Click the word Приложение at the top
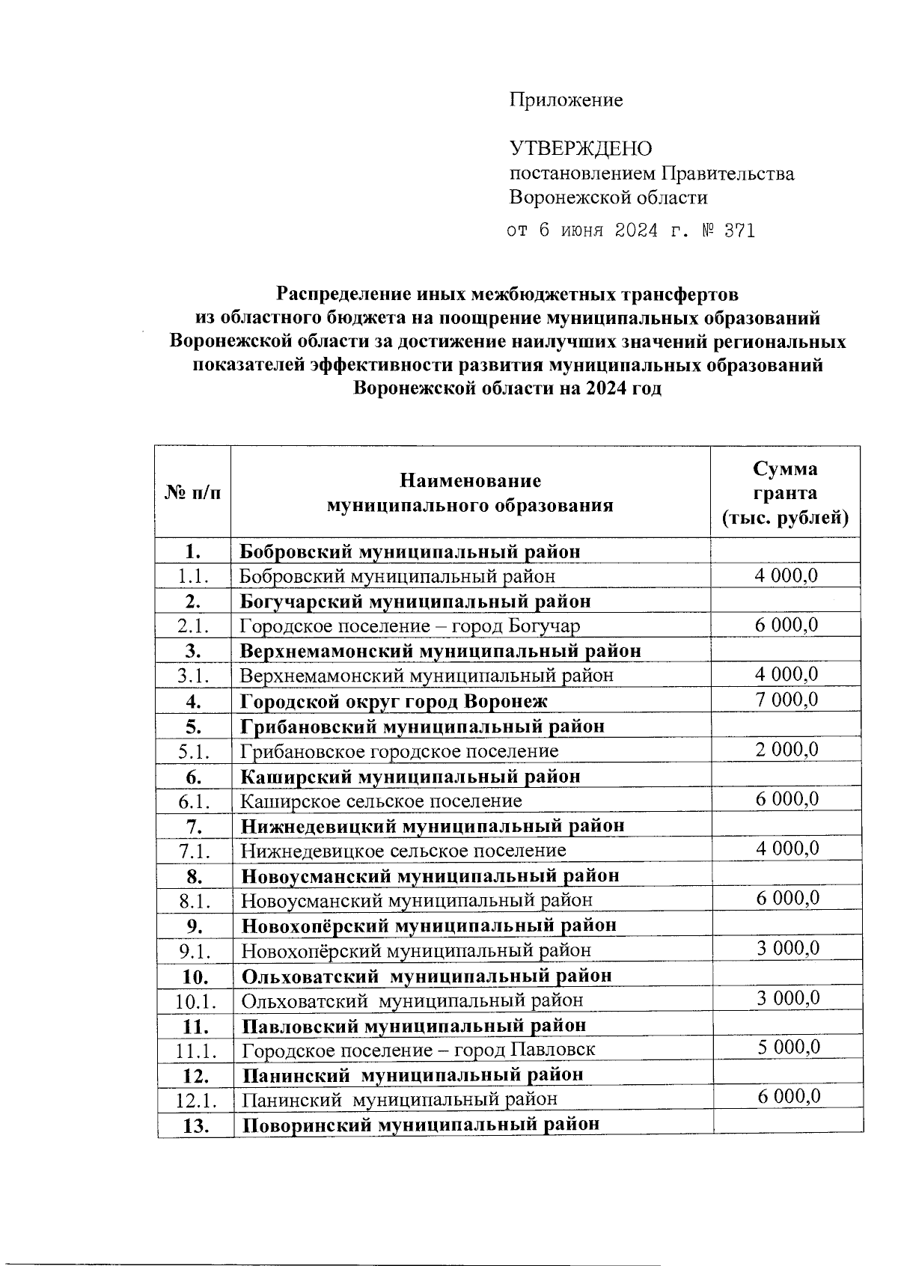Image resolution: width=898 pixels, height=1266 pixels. click(x=566, y=100)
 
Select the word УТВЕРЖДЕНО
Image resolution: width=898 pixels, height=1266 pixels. click(x=581, y=149)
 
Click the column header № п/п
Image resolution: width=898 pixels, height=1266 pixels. click(x=193, y=492)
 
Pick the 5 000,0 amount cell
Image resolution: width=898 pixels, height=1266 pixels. click(x=787, y=1047)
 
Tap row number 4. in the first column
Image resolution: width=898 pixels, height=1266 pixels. click(x=194, y=702)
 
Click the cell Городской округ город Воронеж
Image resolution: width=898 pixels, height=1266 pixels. click(x=394, y=702)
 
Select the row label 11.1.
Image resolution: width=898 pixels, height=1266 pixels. click(x=196, y=1051)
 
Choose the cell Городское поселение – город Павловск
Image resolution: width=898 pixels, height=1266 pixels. click(x=418, y=1050)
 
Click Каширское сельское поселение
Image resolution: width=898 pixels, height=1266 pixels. click(x=380, y=801)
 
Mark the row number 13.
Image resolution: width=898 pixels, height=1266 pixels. click(x=195, y=1125)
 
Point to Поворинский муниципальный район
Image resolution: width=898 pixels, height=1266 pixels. click(x=421, y=1125)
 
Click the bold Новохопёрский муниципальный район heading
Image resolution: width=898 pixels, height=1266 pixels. click(x=429, y=926)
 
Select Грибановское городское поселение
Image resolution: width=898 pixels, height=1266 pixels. click(x=399, y=751)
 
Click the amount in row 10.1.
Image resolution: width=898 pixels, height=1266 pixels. click(x=787, y=997)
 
